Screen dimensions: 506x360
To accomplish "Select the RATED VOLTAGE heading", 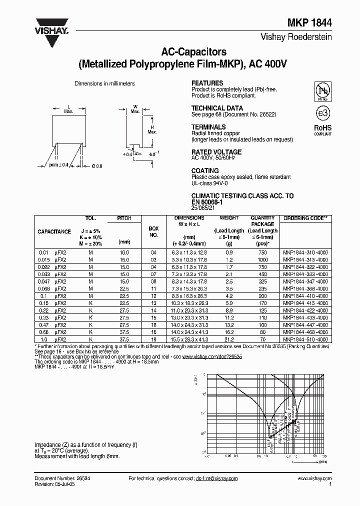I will (x=216, y=152).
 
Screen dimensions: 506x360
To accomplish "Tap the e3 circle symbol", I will (x=323, y=112).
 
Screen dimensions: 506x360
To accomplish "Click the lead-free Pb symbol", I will (x=322, y=90).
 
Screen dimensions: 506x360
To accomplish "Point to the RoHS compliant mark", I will (x=323, y=130).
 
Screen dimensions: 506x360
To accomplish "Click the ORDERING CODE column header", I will (x=304, y=218).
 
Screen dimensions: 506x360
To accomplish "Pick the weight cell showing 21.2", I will (x=229, y=340).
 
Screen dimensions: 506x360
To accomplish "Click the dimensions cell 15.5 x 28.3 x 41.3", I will (x=189, y=340).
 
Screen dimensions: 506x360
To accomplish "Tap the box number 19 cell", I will (x=153, y=340).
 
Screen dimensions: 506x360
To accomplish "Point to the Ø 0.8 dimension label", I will (x=97, y=165).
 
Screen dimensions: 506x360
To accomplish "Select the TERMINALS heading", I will (x=208, y=127).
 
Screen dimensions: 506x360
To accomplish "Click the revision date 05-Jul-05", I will (x=64, y=484).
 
